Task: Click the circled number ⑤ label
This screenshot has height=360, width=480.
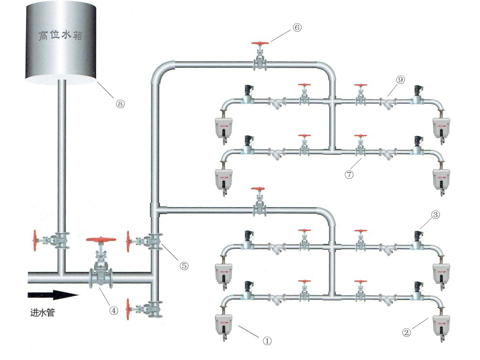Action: click(x=184, y=265)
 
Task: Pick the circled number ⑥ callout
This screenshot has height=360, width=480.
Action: click(x=297, y=27)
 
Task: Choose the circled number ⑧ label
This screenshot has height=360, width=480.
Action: click(x=120, y=104)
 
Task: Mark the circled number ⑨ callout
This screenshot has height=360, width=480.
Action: click(x=400, y=80)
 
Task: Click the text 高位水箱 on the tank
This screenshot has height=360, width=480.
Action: click(x=61, y=36)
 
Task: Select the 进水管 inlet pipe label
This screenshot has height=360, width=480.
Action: click(x=42, y=313)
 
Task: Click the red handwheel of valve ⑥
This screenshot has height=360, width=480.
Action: click(x=260, y=44)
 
